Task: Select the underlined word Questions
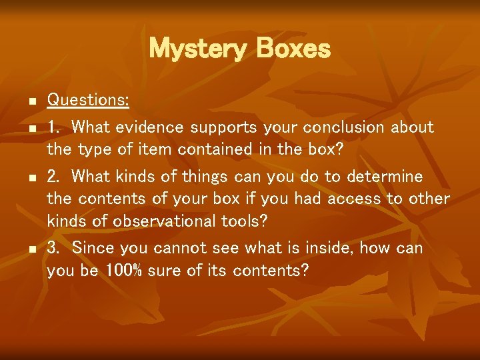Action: click(87, 101)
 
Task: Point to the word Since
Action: click(91, 248)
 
